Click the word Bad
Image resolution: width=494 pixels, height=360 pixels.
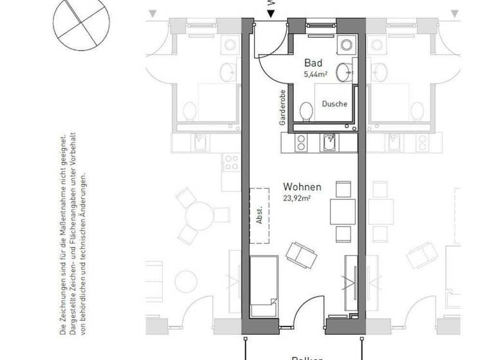(x=313, y=64)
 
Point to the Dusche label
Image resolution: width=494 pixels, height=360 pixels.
(x=334, y=104)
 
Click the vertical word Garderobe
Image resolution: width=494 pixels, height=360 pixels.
(x=282, y=107)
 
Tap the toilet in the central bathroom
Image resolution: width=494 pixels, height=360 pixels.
(x=306, y=112)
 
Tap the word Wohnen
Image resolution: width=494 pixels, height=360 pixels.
(x=302, y=187)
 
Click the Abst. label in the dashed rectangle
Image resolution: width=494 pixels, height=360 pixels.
(x=260, y=216)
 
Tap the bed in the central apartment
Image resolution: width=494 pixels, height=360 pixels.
(x=263, y=285)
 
